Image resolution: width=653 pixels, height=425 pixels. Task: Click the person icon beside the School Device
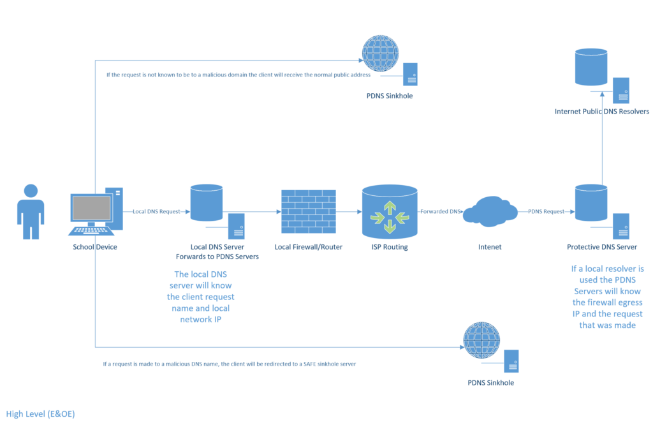(x=31, y=210)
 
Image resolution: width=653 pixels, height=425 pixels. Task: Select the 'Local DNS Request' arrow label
(x=156, y=211)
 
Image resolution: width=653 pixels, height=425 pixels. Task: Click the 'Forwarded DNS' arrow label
(x=439, y=211)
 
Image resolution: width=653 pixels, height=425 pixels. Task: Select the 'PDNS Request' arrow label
(x=546, y=211)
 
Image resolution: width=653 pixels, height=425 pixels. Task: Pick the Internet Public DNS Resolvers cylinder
(x=591, y=66)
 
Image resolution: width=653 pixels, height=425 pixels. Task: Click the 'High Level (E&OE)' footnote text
(x=40, y=414)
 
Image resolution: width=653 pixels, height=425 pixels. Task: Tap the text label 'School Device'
(x=95, y=247)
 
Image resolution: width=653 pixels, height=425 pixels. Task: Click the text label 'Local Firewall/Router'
(x=309, y=247)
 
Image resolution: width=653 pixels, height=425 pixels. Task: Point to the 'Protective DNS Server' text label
(x=601, y=247)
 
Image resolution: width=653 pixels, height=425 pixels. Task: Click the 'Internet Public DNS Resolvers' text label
(x=601, y=112)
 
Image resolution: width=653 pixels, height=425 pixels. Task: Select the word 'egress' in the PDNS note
(x=630, y=302)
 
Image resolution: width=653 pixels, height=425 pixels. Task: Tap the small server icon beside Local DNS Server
(x=237, y=227)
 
